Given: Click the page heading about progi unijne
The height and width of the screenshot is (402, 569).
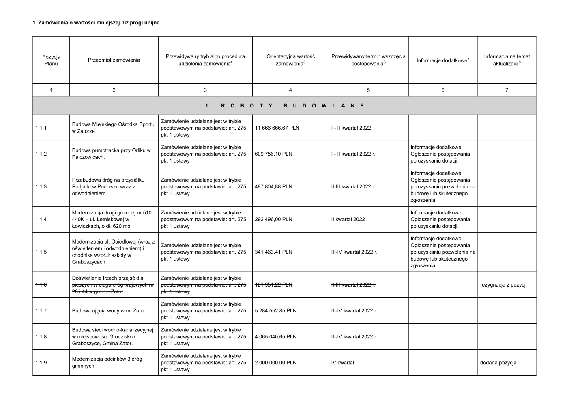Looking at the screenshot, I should click(x=96, y=23).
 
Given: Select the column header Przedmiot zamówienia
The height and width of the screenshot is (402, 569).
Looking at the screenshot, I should click(x=114, y=60).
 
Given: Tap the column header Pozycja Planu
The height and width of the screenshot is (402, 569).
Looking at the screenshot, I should click(x=51, y=60).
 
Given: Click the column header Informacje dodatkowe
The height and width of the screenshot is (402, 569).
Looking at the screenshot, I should click(x=442, y=60).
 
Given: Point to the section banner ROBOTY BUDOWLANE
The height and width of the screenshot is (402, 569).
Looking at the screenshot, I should click(x=284, y=106).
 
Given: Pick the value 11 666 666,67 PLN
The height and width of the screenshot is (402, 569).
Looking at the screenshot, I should click(x=277, y=128).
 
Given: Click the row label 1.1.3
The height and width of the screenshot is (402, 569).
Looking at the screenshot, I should click(x=41, y=187).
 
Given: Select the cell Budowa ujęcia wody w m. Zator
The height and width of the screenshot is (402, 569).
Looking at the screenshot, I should click(x=108, y=311).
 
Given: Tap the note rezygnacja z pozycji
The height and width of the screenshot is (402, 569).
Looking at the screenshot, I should click(x=503, y=285).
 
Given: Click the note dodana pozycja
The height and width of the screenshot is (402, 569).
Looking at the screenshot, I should click(x=498, y=363).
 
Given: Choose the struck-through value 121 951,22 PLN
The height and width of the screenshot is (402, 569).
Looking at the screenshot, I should click(x=273, y=285).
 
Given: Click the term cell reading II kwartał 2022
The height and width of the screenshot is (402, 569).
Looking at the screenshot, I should click(x=348, y=220).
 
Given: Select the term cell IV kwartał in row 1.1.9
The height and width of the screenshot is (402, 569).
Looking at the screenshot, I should click(x=342, y=363).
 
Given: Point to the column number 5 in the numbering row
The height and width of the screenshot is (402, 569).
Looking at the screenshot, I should click(x=368, y=90).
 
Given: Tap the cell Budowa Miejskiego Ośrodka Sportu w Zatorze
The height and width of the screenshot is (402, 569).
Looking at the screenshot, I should click(x=113, y=128).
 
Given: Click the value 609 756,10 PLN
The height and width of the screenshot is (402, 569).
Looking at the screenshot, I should click(x=274, y=154).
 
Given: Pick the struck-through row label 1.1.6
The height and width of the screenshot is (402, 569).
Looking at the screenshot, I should click(x=41, y=285).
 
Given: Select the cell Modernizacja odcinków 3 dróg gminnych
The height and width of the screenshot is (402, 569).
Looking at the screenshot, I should click(x=107, y=362).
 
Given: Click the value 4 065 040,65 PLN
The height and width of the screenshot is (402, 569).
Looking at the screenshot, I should click(x=275, y=337).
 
